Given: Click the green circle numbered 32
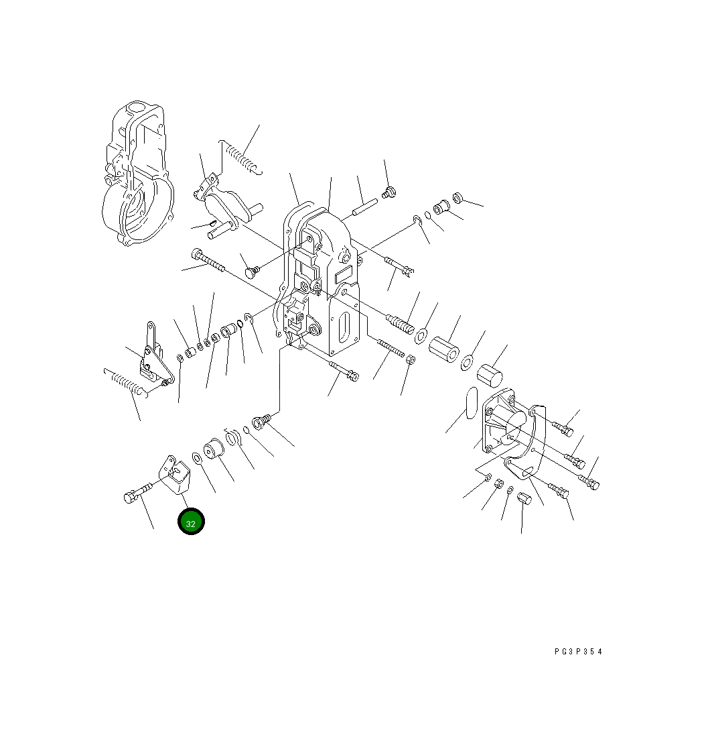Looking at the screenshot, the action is (191, 522).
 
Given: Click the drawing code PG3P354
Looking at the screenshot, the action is (578, 652).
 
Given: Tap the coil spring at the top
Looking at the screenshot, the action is (241, 157).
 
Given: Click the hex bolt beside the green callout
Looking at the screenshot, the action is (138, 491).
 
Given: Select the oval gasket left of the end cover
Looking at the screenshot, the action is (472, 402).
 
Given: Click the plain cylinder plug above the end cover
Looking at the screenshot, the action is (490, 375).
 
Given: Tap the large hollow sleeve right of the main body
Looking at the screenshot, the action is (443, 349).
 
